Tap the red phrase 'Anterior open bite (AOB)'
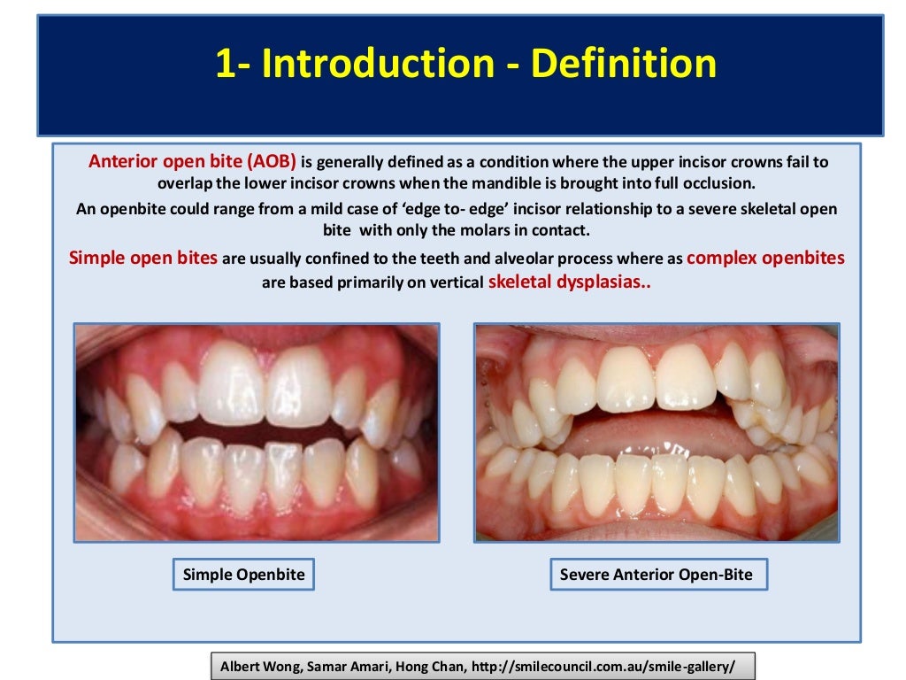(x=192, y=163)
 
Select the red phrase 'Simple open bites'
(x=143, y=259)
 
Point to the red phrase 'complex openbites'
(x=765, y=259)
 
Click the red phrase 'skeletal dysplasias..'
(x=569, y=283)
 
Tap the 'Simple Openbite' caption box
(x=243, y=575)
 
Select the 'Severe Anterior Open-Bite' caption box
(x=656, y=575)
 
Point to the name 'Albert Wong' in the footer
(x=257, y=666)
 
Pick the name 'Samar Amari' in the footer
(x=342, y=666)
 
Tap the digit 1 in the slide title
(x=226, y=66)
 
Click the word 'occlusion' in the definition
(x=721, y=184)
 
